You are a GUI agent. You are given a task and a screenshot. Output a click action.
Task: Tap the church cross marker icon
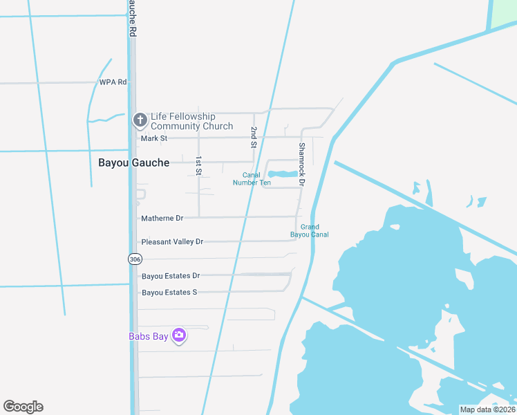click(x=140, y=120)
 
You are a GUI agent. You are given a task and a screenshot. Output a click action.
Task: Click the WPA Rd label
click(x=113, y=82)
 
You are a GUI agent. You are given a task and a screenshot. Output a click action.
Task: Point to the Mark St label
click(x=154, y=138)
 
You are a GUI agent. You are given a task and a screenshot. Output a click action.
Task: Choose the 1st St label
click(x=198, y=165)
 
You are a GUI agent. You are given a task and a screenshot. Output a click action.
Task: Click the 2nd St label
click(x=254, y=138)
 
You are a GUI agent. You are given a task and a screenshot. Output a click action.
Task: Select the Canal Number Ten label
click(x=252, y=179)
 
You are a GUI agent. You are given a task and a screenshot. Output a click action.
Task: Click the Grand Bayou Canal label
click(x=309, y=230)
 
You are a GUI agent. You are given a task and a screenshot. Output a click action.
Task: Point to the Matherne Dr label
click(x=162, y=218)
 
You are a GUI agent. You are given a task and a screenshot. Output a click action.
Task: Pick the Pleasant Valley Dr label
click(x=172, y=241)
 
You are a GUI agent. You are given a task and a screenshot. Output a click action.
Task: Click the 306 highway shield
click(x=135, y=258)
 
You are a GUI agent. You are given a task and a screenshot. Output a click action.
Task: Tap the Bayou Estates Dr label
click(x=171, y=276)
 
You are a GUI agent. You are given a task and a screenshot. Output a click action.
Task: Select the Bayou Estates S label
click(x=169, y=293)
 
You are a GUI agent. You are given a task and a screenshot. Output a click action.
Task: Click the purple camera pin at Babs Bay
click(x=179, y=335)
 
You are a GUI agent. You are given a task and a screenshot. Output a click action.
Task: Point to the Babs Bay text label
click(x=149, y=337)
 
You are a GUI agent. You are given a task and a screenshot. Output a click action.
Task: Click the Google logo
click(x=23, y=407)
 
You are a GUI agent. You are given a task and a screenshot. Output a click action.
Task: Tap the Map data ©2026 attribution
click(x=487, y=409)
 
